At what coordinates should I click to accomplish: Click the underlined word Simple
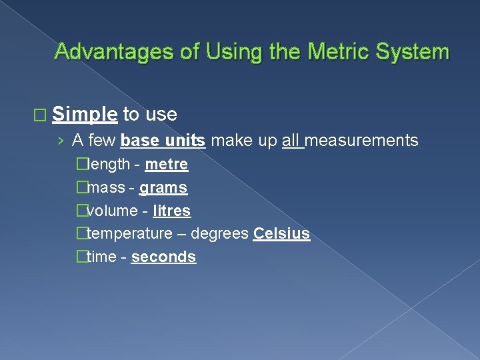pos(85,115)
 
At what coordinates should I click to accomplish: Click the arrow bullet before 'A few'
pos(61,141)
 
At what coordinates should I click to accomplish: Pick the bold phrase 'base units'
pos(163,141)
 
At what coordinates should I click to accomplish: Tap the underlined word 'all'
pos(291,141)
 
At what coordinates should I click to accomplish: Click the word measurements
pos(362,141)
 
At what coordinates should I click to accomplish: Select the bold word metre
pos(166,164)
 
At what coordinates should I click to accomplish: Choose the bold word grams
pos(163,188)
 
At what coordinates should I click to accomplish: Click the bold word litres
pos(171,211)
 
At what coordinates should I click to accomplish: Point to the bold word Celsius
pos(281,234)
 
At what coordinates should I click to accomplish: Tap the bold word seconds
pos(163,257)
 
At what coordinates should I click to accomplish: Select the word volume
pos(111,211)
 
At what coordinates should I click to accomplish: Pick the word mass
pos(106,188)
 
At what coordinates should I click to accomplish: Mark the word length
pos(109,164)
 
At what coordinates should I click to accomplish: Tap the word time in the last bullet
pos(101,257)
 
